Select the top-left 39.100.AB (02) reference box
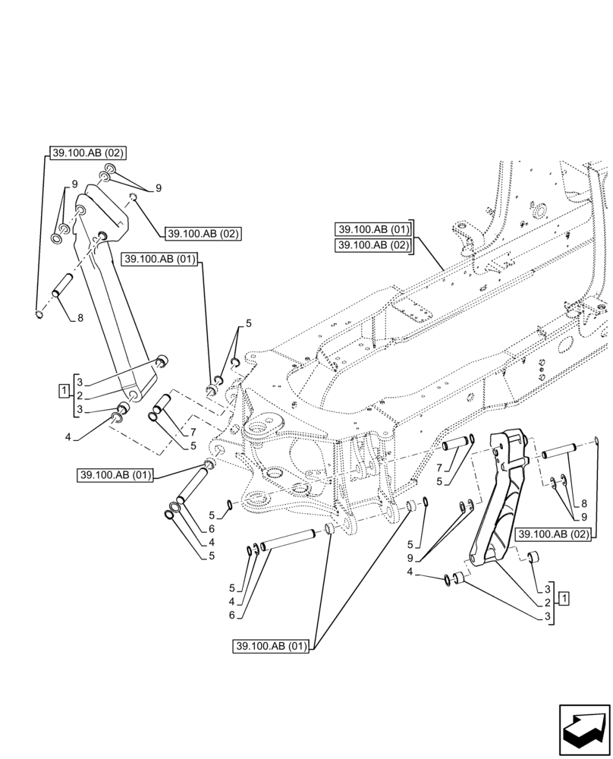(x=88, y=153)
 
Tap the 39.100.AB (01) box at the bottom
(x=271, y=647)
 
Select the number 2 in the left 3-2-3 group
(x=79, y=395)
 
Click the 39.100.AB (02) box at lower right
(x=554, y=534)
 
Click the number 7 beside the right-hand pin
(x=440, y=468)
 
